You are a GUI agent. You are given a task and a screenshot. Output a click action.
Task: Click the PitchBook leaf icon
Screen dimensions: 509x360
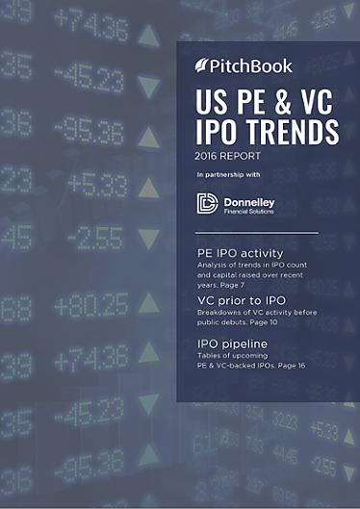point(202,66)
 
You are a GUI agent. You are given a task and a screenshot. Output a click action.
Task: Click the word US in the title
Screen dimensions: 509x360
point(209,100)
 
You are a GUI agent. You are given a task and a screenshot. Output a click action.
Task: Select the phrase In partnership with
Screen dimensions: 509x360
point(229,174)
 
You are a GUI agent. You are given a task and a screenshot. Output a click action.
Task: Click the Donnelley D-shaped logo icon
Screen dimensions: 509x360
point(208,203)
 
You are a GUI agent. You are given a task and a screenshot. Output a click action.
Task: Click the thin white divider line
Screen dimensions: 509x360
point(256,233)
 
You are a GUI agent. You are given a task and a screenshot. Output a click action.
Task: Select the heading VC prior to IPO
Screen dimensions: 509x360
point(238,300)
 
